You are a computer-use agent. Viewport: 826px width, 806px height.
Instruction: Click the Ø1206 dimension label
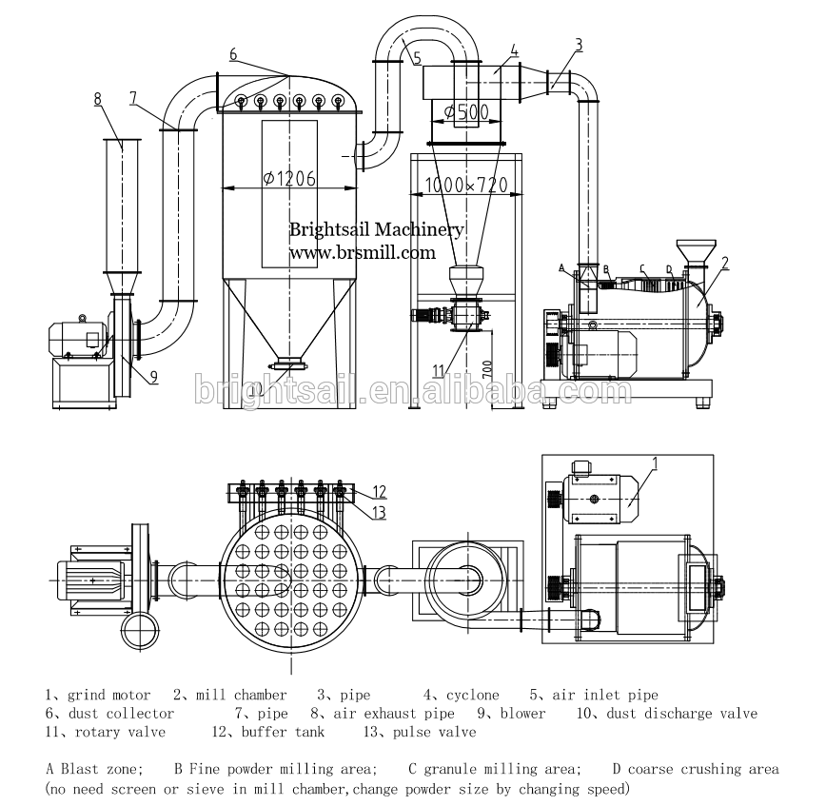(289, 179)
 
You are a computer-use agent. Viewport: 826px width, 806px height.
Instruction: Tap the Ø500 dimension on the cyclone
(466, 111)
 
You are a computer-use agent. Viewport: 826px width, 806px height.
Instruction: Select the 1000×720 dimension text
(466, 185)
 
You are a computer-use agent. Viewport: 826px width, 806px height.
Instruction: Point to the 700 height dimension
(487, 368)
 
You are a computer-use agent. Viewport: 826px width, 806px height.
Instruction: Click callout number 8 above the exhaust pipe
(97, 99)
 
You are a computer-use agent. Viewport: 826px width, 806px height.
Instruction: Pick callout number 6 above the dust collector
(233, 54)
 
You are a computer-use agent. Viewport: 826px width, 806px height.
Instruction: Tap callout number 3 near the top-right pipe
(579, 45)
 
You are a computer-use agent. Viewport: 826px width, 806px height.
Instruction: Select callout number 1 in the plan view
(656, 463)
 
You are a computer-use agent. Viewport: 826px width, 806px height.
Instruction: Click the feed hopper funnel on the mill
(696, 252)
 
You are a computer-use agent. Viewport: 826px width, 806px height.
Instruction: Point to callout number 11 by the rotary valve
(439, 371)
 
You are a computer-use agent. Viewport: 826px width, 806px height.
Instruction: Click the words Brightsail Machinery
(377, 229)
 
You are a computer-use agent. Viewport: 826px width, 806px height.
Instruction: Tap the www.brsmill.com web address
(363, 253)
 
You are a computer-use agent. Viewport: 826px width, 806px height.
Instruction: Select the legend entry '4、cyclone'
(462, 695)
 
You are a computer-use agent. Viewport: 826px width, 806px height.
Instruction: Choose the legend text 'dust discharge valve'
(681, 714)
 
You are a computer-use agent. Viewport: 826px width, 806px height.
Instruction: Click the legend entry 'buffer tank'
(283, 732)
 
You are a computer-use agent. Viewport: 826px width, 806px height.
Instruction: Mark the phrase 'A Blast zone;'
(95, 769)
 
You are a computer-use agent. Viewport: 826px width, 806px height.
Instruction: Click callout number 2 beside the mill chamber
(725, 264)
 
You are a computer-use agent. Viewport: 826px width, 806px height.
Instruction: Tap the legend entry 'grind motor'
(109, 696)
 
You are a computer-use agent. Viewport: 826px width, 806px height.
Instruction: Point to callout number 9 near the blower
(154, 377)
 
